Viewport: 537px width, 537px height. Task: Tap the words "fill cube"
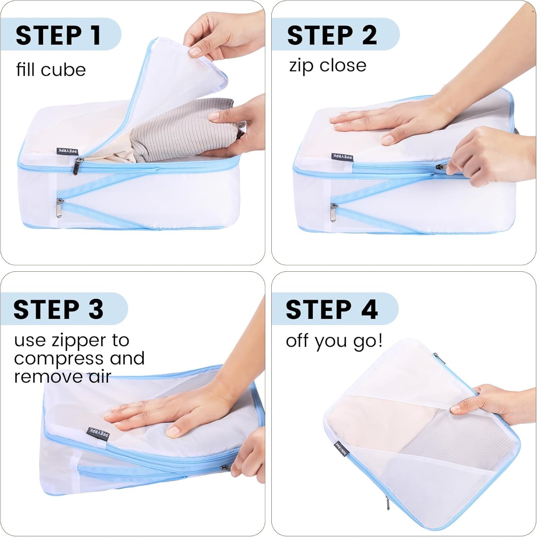pyautogui.click(x=51, y=69)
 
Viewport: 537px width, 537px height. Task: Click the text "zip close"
pyautogui.click(x=328, y=66)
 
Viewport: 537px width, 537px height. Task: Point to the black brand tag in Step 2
pyautogui.click(x=342, y=157)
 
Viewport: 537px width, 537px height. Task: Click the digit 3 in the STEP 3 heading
pyautogui.click(x=96, y=310)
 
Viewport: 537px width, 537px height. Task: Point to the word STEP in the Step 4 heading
pyautogui.click(x=319, y=310)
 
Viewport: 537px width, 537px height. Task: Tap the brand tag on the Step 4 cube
pyautogui.click(x=341, y=449)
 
